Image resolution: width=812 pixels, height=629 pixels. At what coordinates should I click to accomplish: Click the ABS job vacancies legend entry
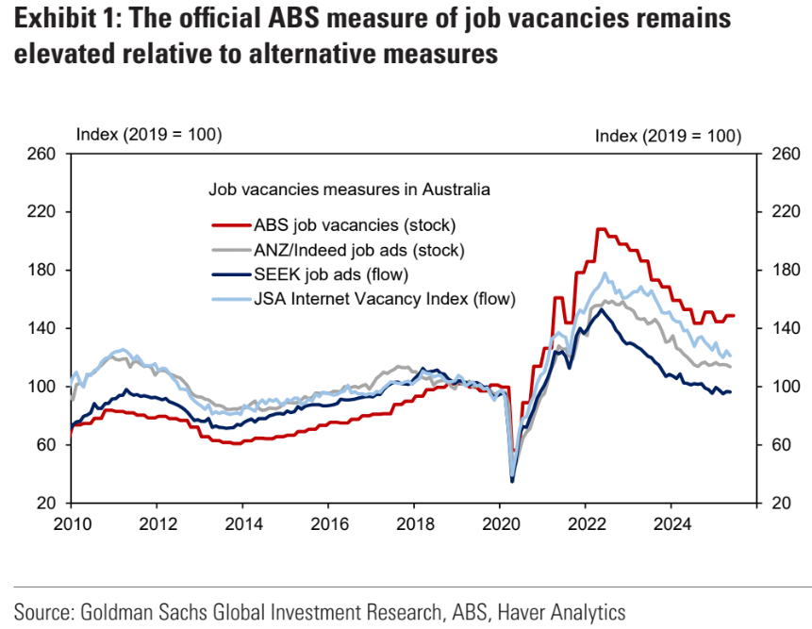[355, 225]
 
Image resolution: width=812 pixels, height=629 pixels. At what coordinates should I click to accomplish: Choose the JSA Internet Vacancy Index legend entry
[388, 299]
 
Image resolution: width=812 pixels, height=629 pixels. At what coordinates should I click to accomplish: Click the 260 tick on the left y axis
[46, 154]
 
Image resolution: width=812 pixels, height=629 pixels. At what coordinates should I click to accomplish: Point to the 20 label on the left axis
[51, 504]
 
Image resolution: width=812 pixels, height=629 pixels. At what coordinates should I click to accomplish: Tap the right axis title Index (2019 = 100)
[668, 137]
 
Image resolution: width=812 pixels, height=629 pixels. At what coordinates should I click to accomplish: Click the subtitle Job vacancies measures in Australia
[349, 189]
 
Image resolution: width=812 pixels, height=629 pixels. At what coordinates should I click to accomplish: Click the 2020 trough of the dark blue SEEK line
[512, 481]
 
